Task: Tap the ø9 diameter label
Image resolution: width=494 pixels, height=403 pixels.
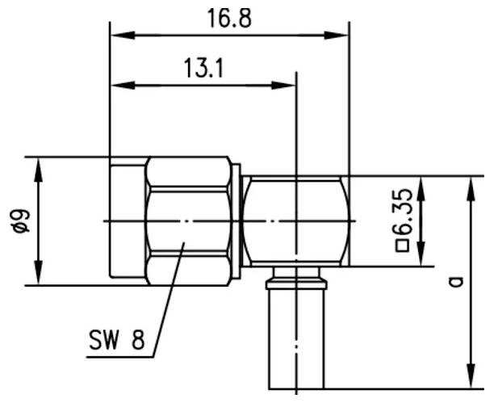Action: (22, 220)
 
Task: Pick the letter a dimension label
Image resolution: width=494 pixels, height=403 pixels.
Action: (456, 281)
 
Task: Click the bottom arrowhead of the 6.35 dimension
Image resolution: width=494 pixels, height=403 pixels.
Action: (420, 258)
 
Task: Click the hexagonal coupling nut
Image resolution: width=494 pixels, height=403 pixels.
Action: (191, 220)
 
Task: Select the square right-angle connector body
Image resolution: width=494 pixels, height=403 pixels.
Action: (297, 220)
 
